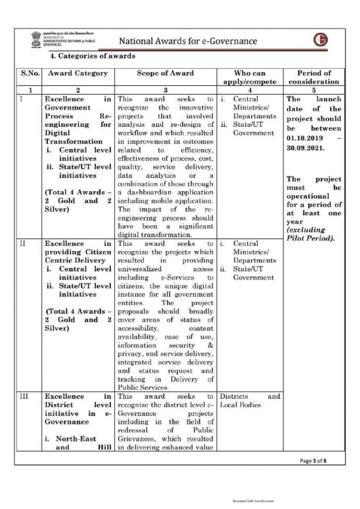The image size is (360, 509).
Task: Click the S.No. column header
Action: tap(30, 73)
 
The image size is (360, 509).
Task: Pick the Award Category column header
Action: tap(78, 73)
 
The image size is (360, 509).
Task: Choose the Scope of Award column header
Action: tap(166, 73)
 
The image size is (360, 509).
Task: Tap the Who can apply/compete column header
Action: tap(250, 77)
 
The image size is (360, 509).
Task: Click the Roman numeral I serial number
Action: tap(22, 99)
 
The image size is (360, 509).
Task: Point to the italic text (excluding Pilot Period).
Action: tap(310, 234)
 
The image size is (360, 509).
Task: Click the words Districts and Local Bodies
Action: tap(250, 401)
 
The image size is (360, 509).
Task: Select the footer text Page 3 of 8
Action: tap(313, 460)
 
